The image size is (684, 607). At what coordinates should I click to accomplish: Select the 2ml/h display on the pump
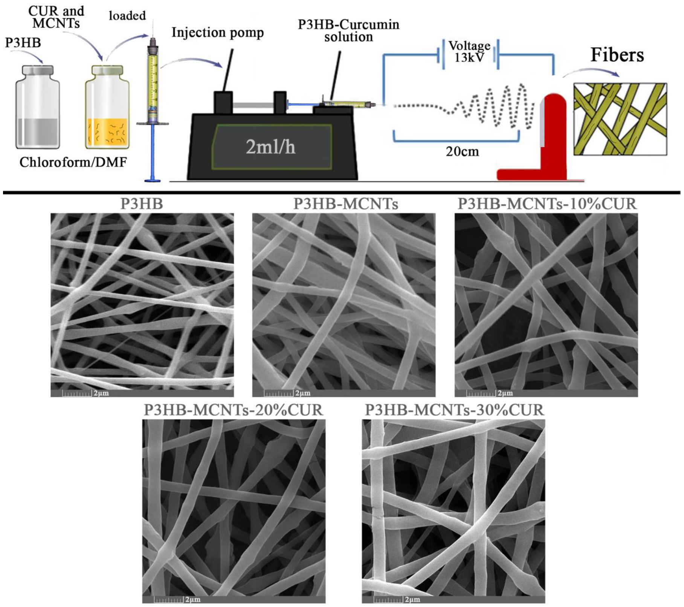pos(270,147)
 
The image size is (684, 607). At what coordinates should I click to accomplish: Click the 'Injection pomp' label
pos(217,33)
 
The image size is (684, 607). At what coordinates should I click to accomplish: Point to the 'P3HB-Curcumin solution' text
pos(348,31)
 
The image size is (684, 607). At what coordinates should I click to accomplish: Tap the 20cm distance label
pos(462,151)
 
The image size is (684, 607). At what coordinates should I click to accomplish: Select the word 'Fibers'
pos(617,55)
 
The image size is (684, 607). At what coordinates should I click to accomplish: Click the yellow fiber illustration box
pos(620,119)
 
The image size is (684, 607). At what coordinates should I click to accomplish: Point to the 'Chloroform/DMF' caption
pos(73,162)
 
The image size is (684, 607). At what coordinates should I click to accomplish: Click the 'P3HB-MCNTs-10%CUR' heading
pos(547,204)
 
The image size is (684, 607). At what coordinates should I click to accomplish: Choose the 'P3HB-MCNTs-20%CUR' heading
pos(233,410)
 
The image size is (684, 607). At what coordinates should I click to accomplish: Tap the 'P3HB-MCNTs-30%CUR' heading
pos(454,410)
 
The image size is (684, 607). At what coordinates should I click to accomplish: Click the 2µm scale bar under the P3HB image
pos(85,393)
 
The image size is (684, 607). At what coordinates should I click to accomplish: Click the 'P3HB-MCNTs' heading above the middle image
pos(345,204)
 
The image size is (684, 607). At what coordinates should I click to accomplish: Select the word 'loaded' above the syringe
pos(127,16)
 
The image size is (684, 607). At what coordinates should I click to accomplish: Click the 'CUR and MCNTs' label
pos(56,17)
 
